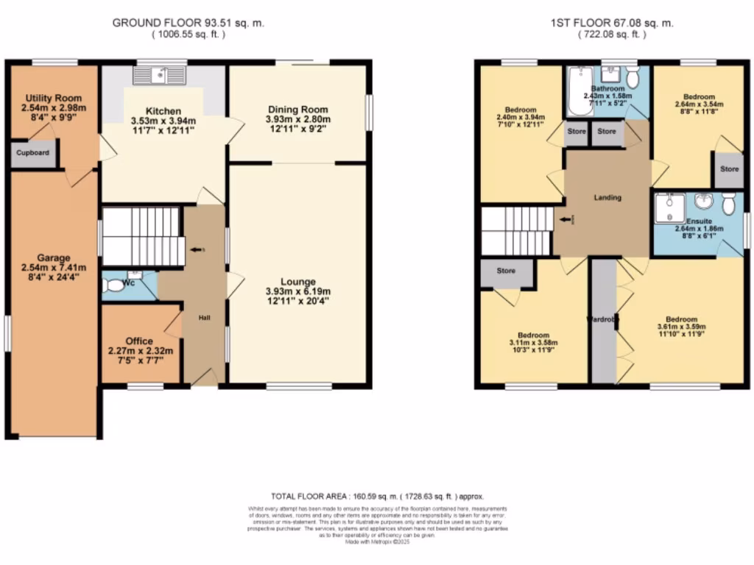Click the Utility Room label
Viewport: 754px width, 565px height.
click(53, 98)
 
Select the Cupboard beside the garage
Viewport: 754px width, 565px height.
click(34, 153)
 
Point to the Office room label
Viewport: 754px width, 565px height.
click(139, 341)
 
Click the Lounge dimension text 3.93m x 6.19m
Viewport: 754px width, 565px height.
click(298, 291)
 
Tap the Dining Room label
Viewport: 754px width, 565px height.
click(298, 109)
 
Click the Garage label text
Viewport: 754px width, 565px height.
click(54, 257)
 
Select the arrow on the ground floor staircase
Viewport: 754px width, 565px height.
click(197, 250)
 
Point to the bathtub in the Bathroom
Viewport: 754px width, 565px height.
click(579, 91)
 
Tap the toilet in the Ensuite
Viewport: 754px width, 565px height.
click(728, 203)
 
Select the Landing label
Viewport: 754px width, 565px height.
click(607, 197)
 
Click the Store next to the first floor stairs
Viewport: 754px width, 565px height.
click(506, 271)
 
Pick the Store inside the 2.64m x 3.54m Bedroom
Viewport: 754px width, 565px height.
click(729, 169)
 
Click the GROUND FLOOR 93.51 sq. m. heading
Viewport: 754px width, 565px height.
click(188, 23)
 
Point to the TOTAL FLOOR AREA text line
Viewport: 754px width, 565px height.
click(376, 497)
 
